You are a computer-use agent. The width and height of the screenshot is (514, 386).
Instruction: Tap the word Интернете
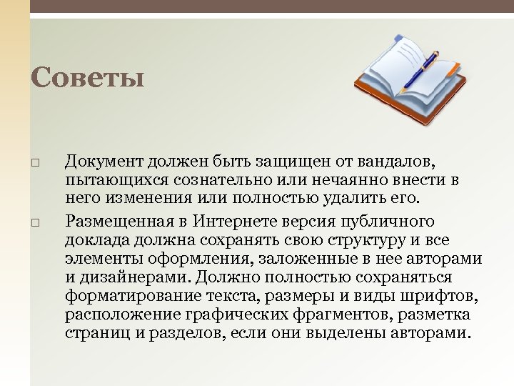[238, 222]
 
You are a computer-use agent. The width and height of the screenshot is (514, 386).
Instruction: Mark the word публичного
[398, 222]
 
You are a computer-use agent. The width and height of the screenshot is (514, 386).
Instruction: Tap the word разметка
[441, 315]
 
